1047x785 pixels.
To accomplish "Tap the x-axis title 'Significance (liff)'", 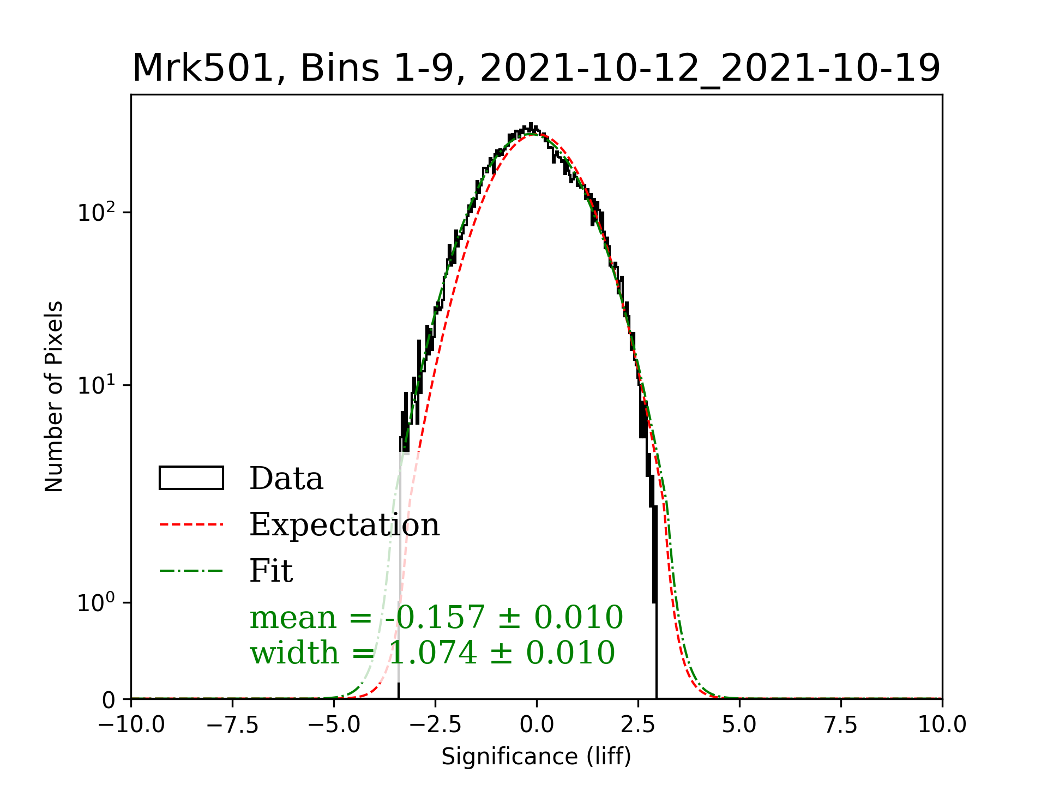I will tap(536, 757).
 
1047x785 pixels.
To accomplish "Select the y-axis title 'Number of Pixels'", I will tap(54, 396).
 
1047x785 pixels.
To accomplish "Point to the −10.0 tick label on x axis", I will tap(131, 725).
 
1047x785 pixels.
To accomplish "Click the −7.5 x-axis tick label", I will tap(233, 725).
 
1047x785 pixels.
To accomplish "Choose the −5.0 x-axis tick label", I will tap(334, 725).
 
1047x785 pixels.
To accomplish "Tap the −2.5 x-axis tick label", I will tap(435, 725).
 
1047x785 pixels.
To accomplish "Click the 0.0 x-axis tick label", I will tap(537, 725).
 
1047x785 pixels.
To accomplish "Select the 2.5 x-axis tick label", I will tap(638, 725).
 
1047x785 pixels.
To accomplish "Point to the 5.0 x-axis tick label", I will tap(739, 725).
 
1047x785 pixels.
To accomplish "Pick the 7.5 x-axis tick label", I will tap(841, 725).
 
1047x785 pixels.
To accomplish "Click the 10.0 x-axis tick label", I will tap(942, 725).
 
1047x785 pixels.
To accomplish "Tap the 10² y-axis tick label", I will tap(97, 212).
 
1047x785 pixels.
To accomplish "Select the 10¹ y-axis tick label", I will tap(97, 385).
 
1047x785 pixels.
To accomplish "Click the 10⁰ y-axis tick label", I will tap(97, 603).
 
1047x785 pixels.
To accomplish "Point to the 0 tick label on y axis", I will tap(109, 700).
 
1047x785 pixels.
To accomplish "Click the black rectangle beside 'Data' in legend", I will tap(191, 478).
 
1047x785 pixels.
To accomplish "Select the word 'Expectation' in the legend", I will tap(344, 525).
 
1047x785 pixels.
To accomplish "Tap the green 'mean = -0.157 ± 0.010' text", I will tap(436, 618).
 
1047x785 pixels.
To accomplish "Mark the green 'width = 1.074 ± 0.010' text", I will tap(432, 653).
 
